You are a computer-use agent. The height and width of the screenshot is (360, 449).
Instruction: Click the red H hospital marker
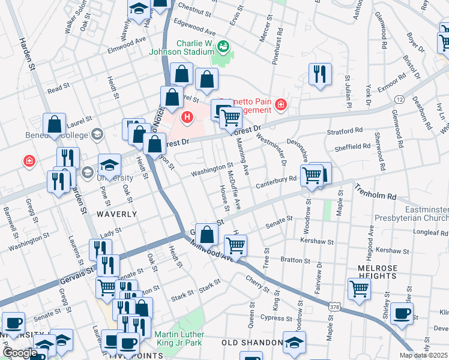point(187,116)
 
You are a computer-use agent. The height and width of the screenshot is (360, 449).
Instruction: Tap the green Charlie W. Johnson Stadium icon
point(223,46)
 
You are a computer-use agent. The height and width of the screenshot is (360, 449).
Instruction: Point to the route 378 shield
point(330,306)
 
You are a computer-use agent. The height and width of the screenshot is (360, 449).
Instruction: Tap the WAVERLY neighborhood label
point(117,214)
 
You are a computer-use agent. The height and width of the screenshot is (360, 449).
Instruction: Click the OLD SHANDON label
point(252,343)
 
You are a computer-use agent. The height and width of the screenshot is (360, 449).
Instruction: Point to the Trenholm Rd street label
point(375,191)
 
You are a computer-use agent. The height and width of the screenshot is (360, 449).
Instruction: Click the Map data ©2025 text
point(423,355)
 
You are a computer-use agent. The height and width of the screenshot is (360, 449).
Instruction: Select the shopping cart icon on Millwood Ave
point(235,245)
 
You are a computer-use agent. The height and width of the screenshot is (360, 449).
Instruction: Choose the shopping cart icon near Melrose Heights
point(359,288)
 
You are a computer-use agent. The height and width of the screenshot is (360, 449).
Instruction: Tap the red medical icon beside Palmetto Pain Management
point(280,106)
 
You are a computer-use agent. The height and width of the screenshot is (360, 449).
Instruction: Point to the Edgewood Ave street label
point(194,26)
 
